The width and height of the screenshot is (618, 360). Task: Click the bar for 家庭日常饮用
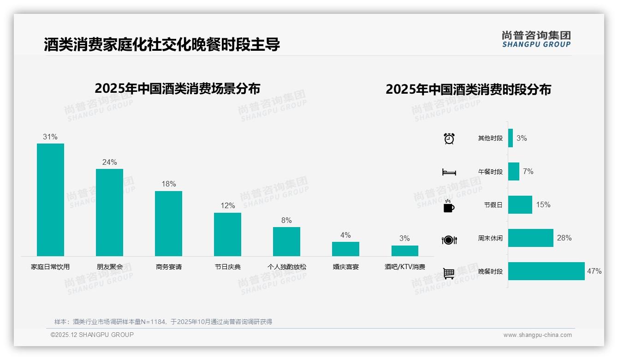point(50,199)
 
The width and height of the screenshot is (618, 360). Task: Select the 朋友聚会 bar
point(109,212)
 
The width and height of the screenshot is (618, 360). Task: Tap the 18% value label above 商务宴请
point(168,184)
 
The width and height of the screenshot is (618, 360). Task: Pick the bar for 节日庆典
point(227,234)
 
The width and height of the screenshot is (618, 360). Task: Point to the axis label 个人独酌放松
point(286,267)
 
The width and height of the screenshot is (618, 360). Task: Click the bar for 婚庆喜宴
point(345,249)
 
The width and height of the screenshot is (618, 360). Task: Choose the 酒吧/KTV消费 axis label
point(404,267)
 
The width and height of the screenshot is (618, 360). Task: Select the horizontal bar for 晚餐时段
point(546,271)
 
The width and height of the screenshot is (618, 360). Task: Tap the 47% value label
point(594,271)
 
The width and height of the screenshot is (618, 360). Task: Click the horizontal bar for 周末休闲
point(530,238)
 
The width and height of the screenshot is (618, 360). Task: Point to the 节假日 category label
point(493,205)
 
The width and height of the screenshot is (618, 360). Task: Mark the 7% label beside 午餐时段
point(528,171)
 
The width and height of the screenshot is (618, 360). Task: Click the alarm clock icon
point(449,138)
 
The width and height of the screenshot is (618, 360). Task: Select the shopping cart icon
point(449,273)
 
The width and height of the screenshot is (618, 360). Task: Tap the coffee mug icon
point(449,206)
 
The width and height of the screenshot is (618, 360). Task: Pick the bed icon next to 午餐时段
point(449,172)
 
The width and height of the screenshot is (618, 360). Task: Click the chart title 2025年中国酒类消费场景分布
point(177,89)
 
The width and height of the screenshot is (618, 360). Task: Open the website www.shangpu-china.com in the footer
point(537,335)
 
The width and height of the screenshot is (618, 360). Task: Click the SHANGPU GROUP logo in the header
point(536,39)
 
